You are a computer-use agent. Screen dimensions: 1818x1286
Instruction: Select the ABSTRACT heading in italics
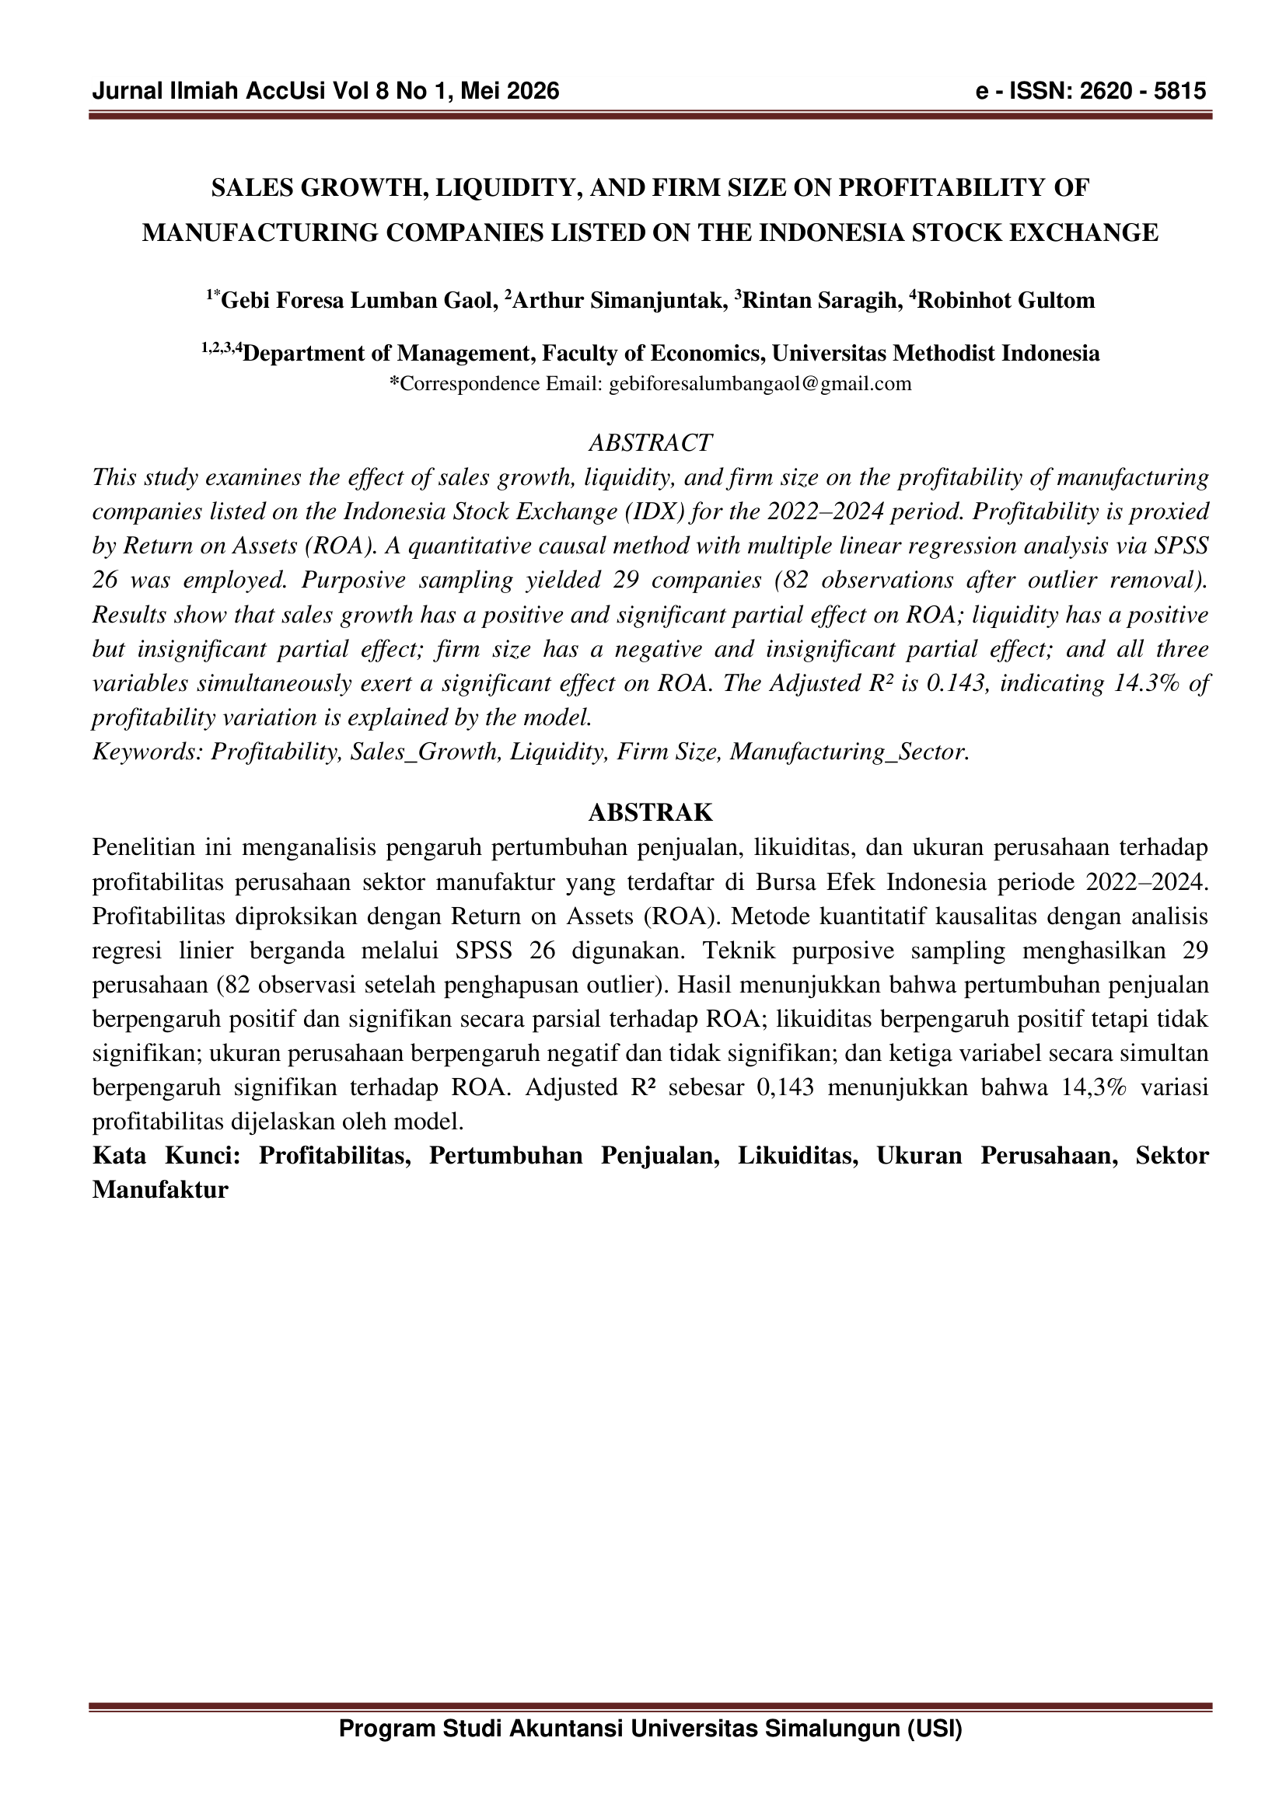click(x=650, y=442)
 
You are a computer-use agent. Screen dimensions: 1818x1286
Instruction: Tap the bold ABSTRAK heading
click(x=650, y=812)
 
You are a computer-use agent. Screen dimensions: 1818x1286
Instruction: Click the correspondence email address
click(x=760, y=384)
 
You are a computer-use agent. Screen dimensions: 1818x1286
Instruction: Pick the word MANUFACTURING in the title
click(x=259, y=233)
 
